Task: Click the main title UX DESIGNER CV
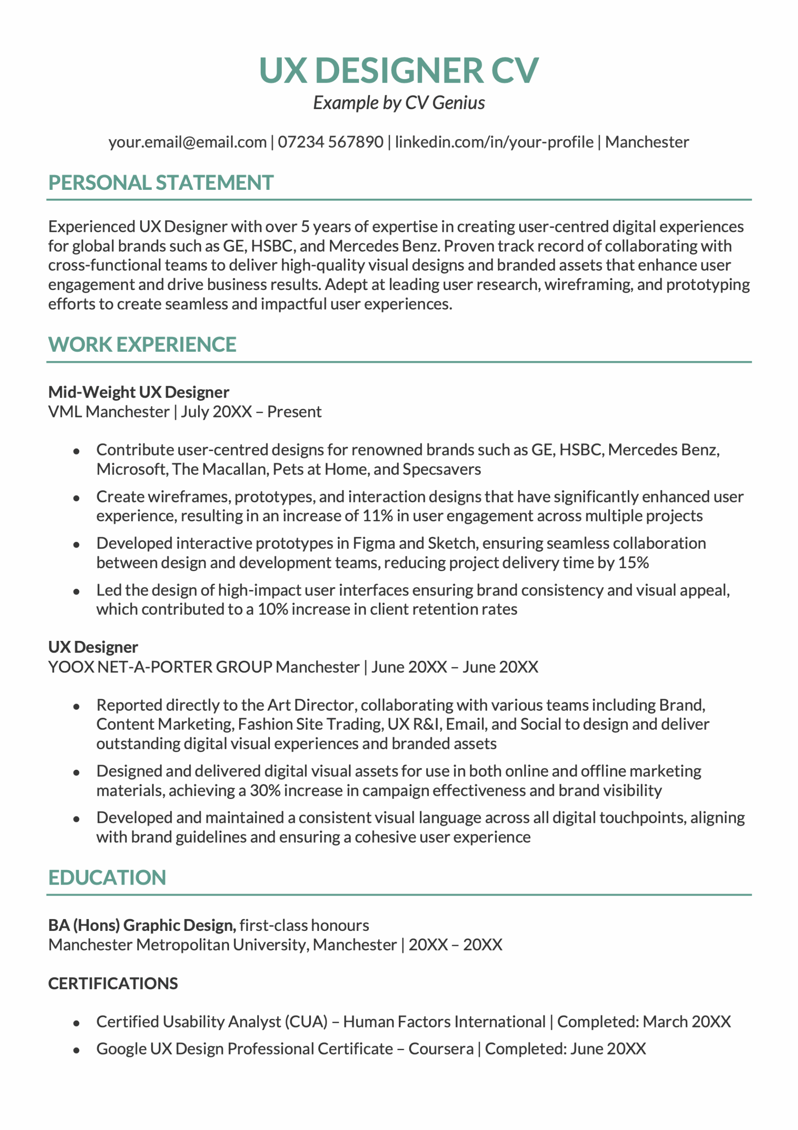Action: (x=398, y=70)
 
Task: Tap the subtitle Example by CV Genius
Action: (x=398, y=103)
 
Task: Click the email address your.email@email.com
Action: (x=187, y=142)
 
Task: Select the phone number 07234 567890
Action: (x=330, y=142)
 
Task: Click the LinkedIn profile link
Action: (x=494, y=142)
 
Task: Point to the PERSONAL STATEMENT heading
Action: (x=161, y=183)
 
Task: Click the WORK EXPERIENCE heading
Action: (x=142, y=344)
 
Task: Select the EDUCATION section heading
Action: (x=107, y=878)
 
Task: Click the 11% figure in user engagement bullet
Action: (x=377, y=516)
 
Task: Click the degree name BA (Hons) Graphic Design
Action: (x=142, y=925)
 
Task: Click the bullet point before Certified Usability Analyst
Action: (x=76, y=1023)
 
